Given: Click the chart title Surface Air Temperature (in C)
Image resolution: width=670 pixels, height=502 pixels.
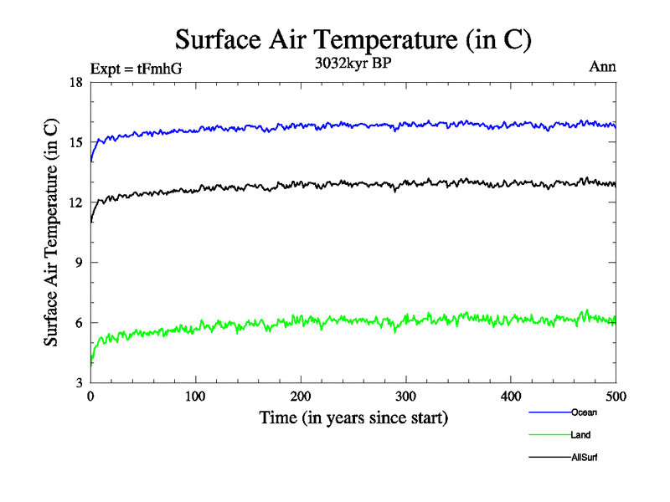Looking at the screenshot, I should point(353,40).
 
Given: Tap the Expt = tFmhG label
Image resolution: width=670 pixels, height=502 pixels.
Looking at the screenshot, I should point(136,69).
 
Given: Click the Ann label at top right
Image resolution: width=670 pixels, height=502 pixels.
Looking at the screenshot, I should point(603,68).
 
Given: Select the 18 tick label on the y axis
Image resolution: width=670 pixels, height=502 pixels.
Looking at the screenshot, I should point(75,82).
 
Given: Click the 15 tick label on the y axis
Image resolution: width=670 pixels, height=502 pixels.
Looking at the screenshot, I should point(75,142).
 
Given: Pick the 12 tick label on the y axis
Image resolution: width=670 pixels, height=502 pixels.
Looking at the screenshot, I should point(75,202).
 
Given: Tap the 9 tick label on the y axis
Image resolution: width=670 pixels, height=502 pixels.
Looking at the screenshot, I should point(79,263).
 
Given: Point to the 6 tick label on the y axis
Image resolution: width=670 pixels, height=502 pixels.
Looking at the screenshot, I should point(79,323).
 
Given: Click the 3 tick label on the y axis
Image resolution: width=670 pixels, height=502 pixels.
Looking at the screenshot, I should point(79,383).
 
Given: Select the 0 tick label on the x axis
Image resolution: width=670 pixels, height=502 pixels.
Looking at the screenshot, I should point(90,395).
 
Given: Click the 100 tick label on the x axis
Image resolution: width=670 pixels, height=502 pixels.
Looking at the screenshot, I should point(195,395).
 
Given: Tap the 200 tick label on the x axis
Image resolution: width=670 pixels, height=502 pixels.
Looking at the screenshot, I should point(301,395).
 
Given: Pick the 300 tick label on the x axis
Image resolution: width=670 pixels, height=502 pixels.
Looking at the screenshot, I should point(405,395).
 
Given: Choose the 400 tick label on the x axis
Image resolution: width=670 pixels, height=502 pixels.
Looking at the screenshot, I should point(511,395).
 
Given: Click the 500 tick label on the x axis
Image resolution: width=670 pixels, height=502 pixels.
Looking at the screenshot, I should point(615,395).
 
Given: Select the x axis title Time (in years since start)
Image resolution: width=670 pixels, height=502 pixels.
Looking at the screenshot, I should point(353,417).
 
